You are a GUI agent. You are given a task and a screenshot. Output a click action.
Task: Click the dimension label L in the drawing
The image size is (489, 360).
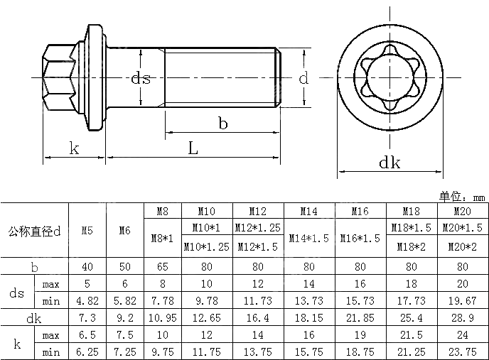point(193,148)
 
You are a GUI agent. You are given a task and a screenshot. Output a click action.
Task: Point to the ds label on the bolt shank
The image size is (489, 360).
point(141,78)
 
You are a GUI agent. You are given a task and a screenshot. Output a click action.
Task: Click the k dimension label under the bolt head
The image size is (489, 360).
point(74,148)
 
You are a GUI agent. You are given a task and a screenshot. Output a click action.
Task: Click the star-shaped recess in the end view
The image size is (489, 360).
point(389,77)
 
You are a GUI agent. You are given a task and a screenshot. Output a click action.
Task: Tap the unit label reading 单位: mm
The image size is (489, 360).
point(461,197)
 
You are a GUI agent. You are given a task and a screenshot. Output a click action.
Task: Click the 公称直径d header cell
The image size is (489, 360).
point(34,231)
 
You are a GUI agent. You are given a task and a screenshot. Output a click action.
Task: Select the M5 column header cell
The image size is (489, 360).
point(87,231)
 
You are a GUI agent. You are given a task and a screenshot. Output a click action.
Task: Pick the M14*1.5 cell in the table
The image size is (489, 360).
point(308,238)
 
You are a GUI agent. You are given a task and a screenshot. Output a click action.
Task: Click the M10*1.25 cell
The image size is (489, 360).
point(207,247)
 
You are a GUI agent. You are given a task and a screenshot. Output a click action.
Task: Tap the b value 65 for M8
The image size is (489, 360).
point(163,267)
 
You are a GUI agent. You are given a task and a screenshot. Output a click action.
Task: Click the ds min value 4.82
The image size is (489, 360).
point(87,301)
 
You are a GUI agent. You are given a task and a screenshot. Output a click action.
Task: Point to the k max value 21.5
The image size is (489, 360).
point(411,334)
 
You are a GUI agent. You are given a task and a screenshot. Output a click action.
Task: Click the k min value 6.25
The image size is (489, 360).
point(87,351)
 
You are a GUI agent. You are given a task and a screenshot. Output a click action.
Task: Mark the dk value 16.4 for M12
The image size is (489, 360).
point(257,318)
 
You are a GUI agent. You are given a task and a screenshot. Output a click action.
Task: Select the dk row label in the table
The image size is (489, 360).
point(34,318)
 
